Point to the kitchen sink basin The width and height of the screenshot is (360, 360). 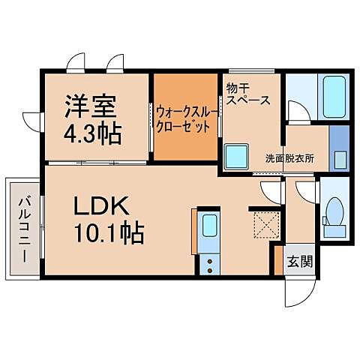point(210,227)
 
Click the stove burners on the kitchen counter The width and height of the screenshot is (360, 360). point(210,264)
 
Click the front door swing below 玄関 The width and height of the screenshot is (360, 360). point(298,289)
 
